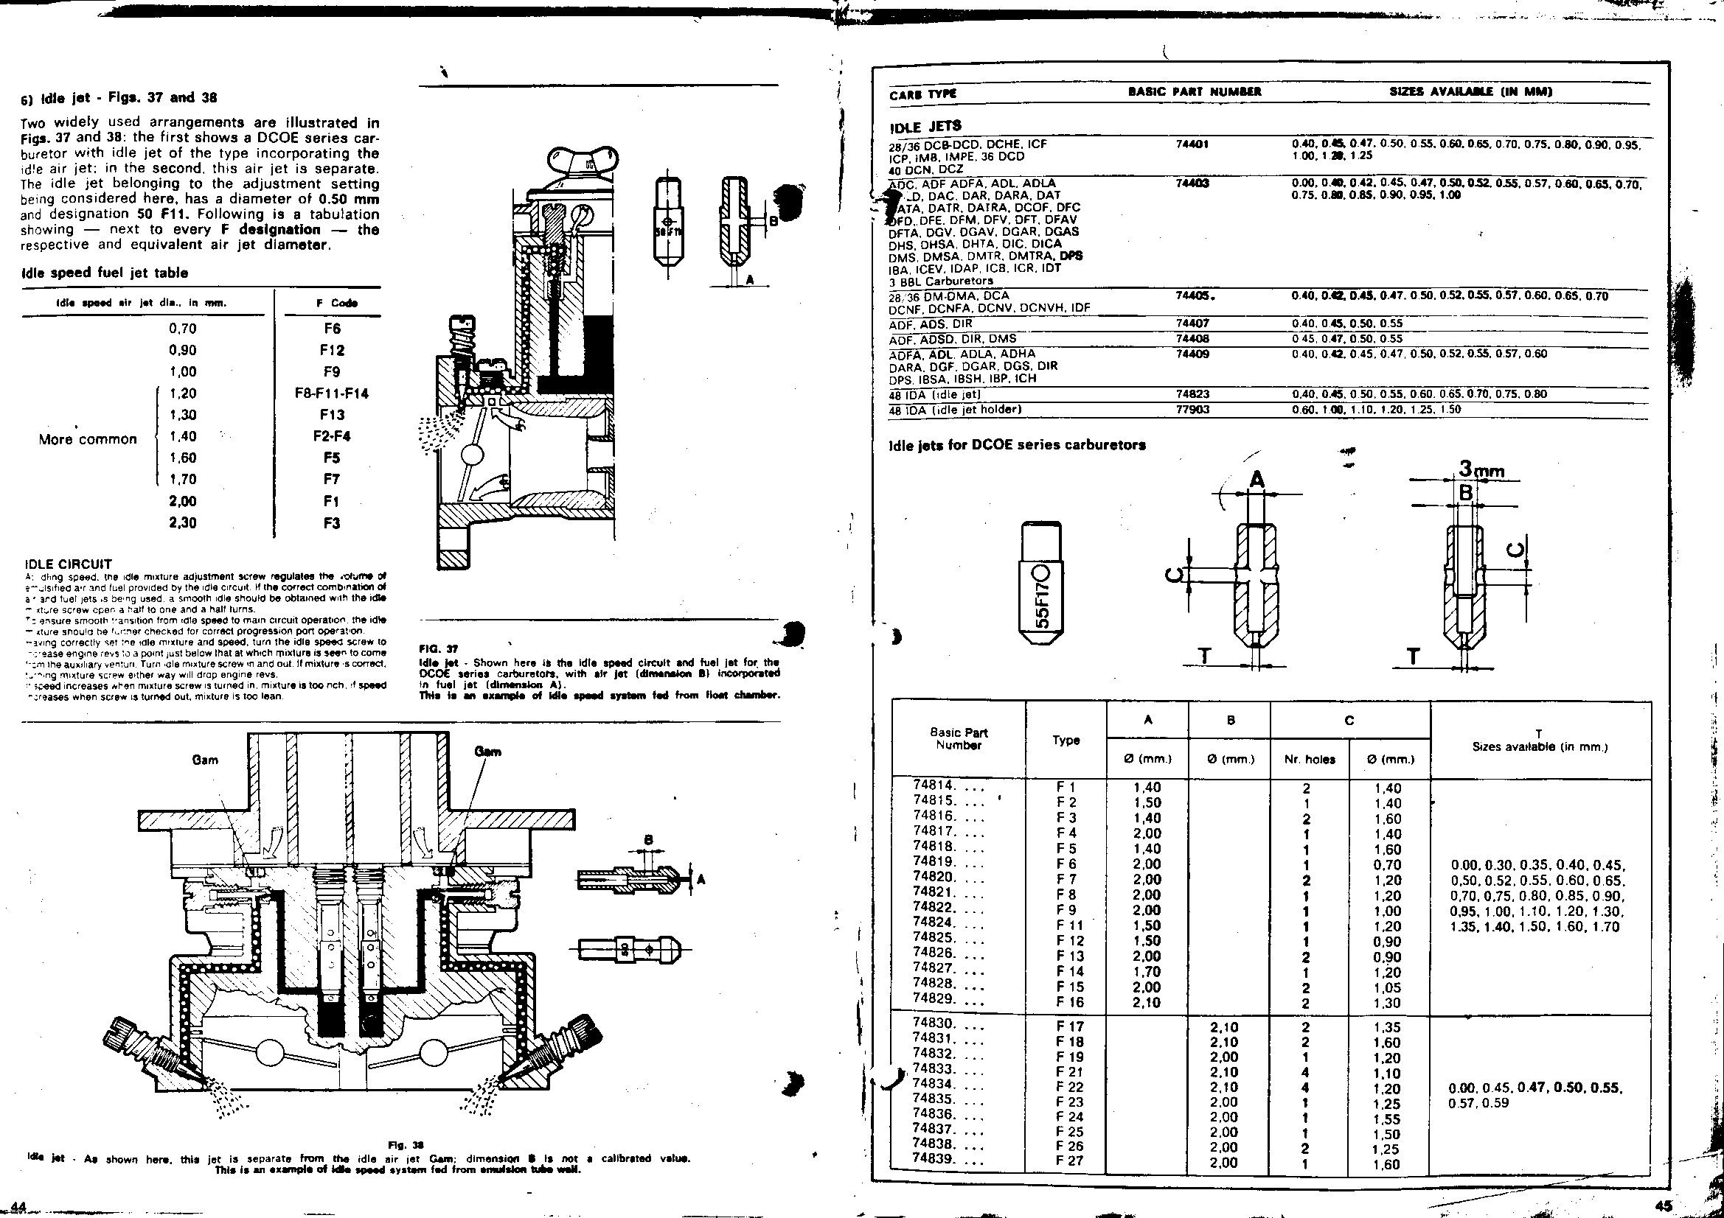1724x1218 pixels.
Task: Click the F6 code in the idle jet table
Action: (x=332, y=329)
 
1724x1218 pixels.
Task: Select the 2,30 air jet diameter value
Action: (x=182, y=523)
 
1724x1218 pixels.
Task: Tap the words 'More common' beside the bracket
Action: (x=88, y=439)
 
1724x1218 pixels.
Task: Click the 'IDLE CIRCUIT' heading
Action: (x=68, y=564)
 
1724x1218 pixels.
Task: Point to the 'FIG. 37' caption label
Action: (x=435, y=648)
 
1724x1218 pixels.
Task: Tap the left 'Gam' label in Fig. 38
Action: (x=205, y=760)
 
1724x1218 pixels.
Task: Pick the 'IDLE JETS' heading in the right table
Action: (x=925, y=125)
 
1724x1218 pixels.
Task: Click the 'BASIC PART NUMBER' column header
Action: (x=1195, y=92)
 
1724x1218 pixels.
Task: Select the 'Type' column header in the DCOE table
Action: (x=1066, y=740)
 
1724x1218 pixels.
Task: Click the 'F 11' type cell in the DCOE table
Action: (x=1066, y=925)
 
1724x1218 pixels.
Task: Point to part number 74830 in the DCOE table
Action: (x=934, y=1023)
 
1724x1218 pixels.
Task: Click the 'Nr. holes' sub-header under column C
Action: (x=1310, y=759)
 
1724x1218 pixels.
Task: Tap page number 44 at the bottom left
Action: (x=13, y=1205)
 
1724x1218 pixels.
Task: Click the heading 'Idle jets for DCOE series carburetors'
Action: (x=1017, y=444)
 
